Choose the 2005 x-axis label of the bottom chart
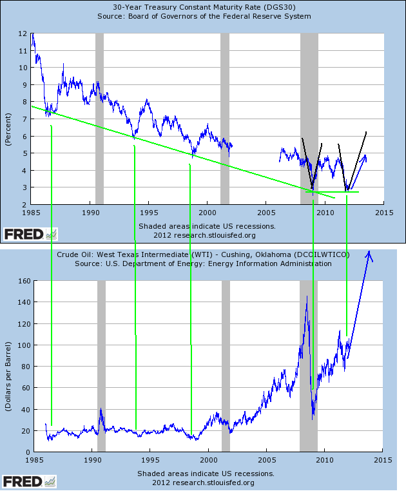267,460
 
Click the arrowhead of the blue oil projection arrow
370,255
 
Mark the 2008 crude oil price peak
307,296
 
